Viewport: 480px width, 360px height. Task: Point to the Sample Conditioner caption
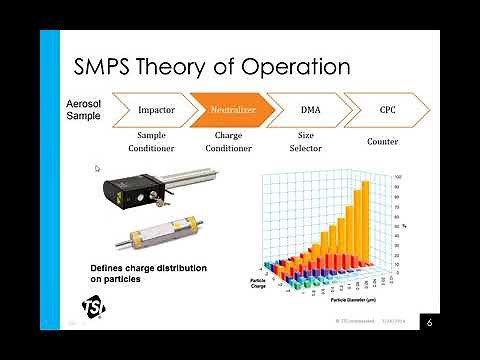pyautogui.click(x=156, y=141)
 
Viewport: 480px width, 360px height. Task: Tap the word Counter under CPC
pyautogui.click(x=382, y=142)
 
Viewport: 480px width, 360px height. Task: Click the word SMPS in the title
pyautogui.click(x=112, y=67)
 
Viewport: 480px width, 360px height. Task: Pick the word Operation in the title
pyautogui.click(x=295, y=67)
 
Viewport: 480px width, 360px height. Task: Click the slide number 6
pyautogui.click(x=428, y=322)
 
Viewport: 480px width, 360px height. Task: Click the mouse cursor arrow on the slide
pyautogui.click(x=98, y=169)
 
